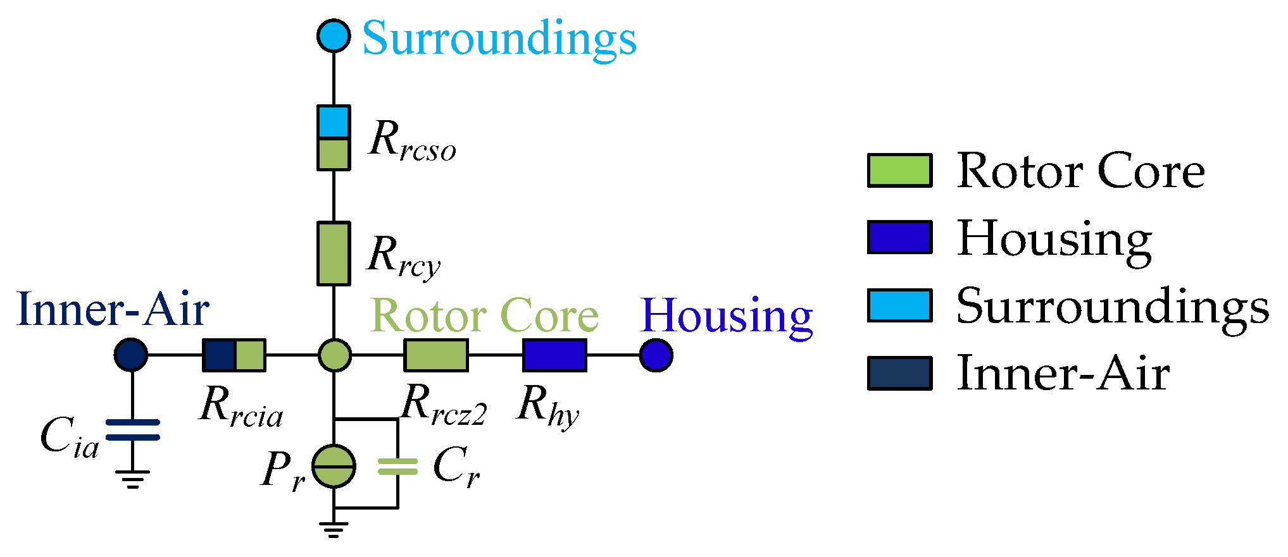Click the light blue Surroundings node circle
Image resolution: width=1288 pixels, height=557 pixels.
tap(334, 35)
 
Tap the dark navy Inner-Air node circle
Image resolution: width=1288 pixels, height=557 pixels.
tap(131, 355)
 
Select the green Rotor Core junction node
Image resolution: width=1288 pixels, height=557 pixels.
tap(334, 355)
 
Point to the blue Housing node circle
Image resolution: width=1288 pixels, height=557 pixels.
tap(656, 355)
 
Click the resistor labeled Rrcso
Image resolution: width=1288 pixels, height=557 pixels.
tap(334, 138)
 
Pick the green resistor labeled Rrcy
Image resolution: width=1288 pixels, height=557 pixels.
tap(334, 254)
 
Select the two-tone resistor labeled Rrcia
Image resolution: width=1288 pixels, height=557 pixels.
tap(234, 355)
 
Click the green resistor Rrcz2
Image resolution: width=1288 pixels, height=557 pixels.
tap(436, 355)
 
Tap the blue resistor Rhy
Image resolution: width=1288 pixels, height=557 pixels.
tap(554, 355)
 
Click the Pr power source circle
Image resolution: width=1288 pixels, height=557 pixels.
tap(334, 467)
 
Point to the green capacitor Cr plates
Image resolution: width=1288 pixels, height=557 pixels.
tap(397, 467)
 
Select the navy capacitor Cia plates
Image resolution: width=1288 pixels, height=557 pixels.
tap(132, 430)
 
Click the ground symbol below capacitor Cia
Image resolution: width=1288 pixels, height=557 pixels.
tap(132, 479)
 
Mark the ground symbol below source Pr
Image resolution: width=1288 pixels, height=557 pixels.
tap(334, 529)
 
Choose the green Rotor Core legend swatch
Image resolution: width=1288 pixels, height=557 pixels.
tap(899, 171)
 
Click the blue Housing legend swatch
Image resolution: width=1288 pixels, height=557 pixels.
tap(899, 238)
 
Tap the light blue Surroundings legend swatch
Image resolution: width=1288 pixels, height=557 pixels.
tap(899, 305)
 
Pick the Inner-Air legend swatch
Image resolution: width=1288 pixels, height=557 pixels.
tap(899, 373)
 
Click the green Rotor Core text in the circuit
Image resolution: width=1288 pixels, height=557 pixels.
tap(485, 315)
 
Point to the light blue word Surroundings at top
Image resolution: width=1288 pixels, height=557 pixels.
tap(499, 38)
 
